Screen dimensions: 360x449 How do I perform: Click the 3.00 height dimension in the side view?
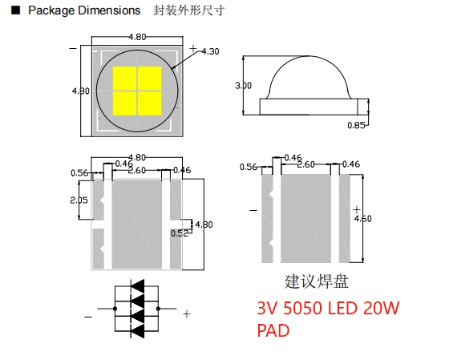pyautogui.click(x=244, y=85)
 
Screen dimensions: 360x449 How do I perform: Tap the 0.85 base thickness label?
pyautogui.click(x=358, y=125)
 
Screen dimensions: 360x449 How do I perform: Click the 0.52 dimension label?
pyautogui.click(x=179, y=233)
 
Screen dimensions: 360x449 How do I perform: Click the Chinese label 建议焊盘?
pyautogui.click(x=317, y=282)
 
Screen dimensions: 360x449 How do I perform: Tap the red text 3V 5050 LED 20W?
pyautogui.click(x=328, y=308)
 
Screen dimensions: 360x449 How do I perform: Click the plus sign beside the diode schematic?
pyautogui.click(x=187, y=314)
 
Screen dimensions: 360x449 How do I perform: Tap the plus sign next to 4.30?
pyautogui.click(x=192, y=49)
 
